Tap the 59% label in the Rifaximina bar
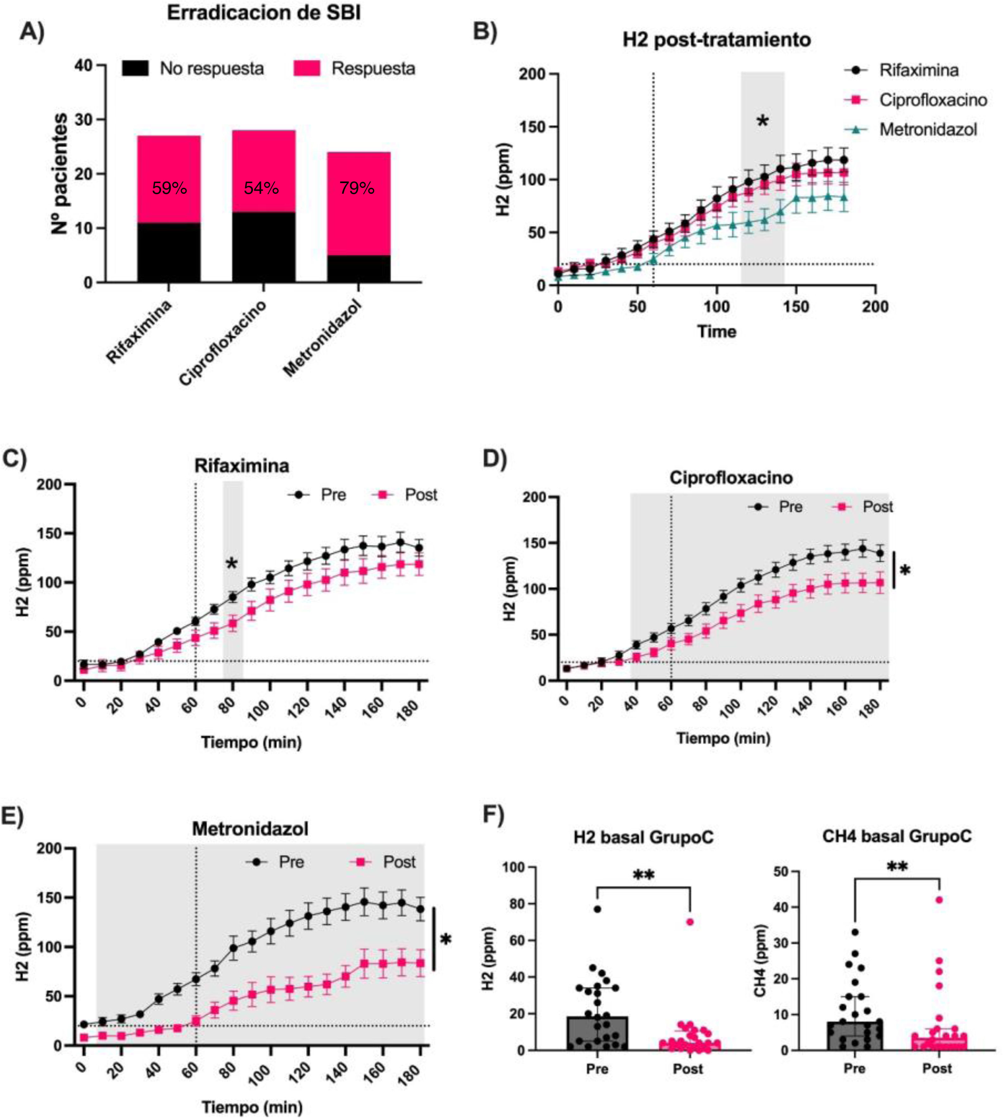point(169,188)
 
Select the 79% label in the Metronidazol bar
point(357,188)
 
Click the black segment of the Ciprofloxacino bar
point(263,247)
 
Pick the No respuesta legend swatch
point(135,68)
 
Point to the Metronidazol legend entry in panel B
point(928,130)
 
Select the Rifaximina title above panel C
point(241,466)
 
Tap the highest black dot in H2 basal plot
point(597,909)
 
